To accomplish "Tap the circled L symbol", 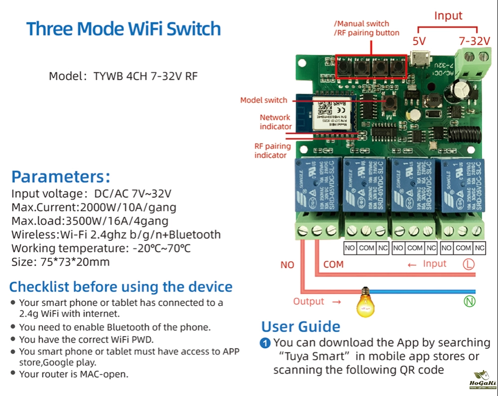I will click(468, 264).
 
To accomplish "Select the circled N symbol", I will click(470, 301).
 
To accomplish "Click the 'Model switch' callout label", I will click(263, 100).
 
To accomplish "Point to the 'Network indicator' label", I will click(275, 122).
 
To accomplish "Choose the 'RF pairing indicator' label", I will click(272, 151).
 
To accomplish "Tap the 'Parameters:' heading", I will click(60, 177).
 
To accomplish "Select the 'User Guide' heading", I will click(301, 327).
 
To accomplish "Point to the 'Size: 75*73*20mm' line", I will click(61, 262).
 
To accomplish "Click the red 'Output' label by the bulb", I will click(309, 301).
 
